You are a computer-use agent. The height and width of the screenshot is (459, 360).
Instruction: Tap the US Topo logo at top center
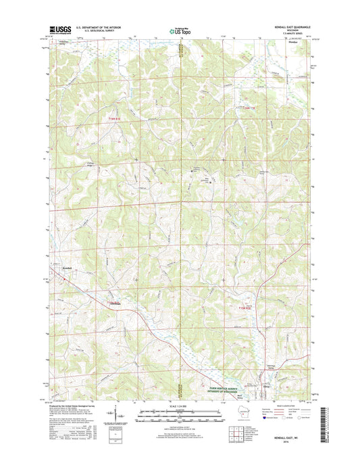pyautogui.click(x=179, y=30)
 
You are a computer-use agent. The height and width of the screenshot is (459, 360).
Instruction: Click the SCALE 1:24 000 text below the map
pyautogui.click(x=179, y=401)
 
